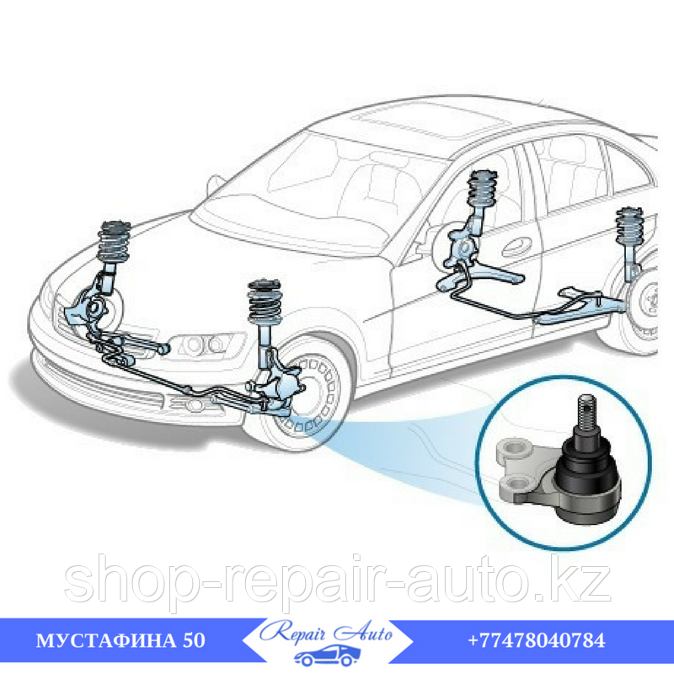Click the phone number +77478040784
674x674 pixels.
[x=537, y=640]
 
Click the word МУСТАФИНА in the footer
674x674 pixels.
[x=106, y=641]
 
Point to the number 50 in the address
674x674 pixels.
[x=194, y=641]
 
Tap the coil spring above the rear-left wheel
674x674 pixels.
[x=629, y=227]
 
